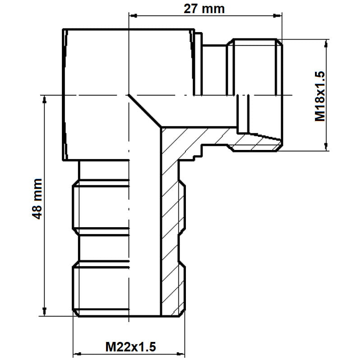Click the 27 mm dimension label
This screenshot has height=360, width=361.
pyautogui.click(x=204, y=9)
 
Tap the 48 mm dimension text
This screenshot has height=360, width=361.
pyautogui.click(x=37, y=199)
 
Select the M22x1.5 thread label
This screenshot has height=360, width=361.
pyautogui.click(x=130, y=347)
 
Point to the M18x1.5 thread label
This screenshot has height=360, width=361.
pyautogui.click(x=320, y=96)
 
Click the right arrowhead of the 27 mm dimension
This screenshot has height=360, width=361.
pyautogui.click(x=277, y=16)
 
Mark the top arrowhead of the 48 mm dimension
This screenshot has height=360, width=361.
pyautogui.click(x=45, y=99)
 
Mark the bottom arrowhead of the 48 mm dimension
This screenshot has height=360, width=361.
pyautogui.click(x=45, y=311)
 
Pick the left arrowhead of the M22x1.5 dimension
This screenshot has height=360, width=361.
pyautogui.click(x=77, y=354)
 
